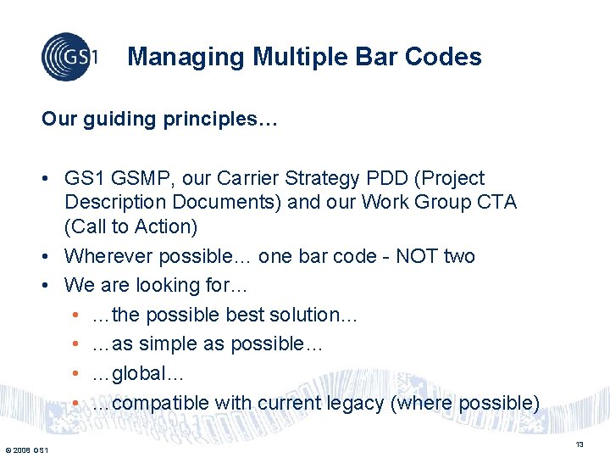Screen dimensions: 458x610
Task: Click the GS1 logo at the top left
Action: [x=69, y=57]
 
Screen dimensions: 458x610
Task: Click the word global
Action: [x=141, y=373]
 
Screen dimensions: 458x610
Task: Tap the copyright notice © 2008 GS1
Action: [x=25, y=449]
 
